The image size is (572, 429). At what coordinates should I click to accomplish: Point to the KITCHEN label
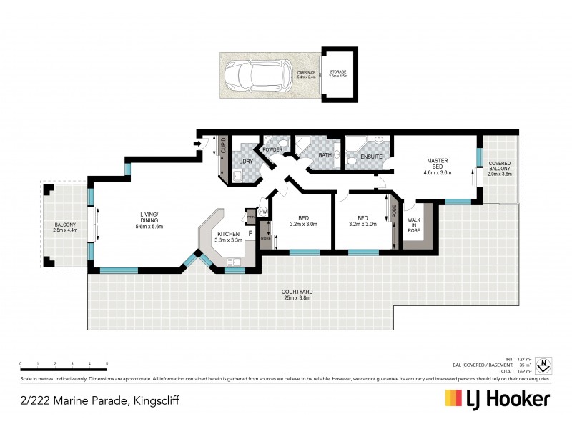(x=229, y=237)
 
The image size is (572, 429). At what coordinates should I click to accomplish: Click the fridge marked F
(x=250, y=232)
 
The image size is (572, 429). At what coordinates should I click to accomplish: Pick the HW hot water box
(x=262, y=212)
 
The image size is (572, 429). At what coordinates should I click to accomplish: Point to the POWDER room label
(x=272, y=149)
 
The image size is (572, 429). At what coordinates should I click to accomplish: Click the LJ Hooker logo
(x=497, y=398)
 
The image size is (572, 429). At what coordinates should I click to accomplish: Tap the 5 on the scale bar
(x=107, y=364)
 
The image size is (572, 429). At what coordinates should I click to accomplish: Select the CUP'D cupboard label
(x=223, y=149)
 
